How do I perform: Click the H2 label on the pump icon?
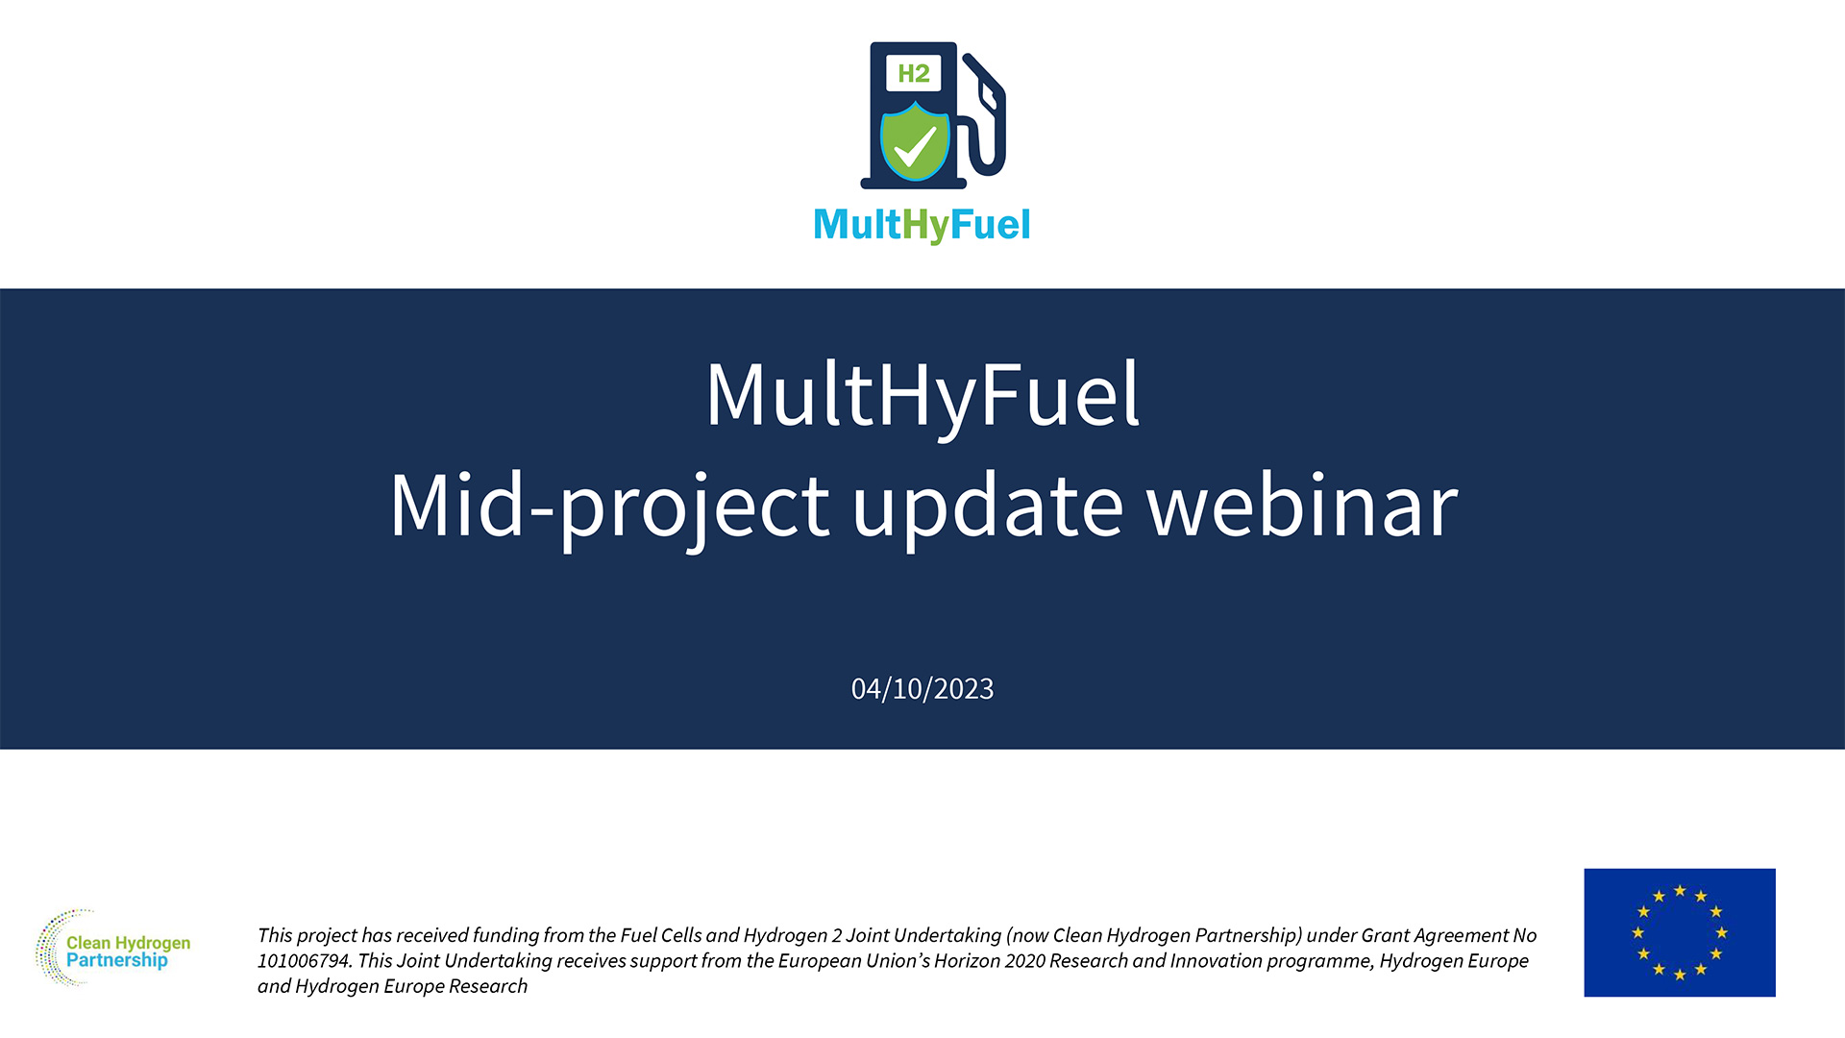913,73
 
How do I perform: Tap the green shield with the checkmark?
915,144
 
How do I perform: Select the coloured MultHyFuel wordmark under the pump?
922,225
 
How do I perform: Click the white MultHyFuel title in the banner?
922,394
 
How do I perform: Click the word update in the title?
987,507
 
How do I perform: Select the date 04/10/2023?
922,689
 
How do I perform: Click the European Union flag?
1679,932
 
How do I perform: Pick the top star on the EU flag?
1680,891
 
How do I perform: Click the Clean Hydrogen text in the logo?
128,943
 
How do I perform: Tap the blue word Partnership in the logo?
116,960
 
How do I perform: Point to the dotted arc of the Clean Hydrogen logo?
48,947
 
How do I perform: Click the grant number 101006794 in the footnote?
304,961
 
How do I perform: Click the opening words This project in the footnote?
307,935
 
